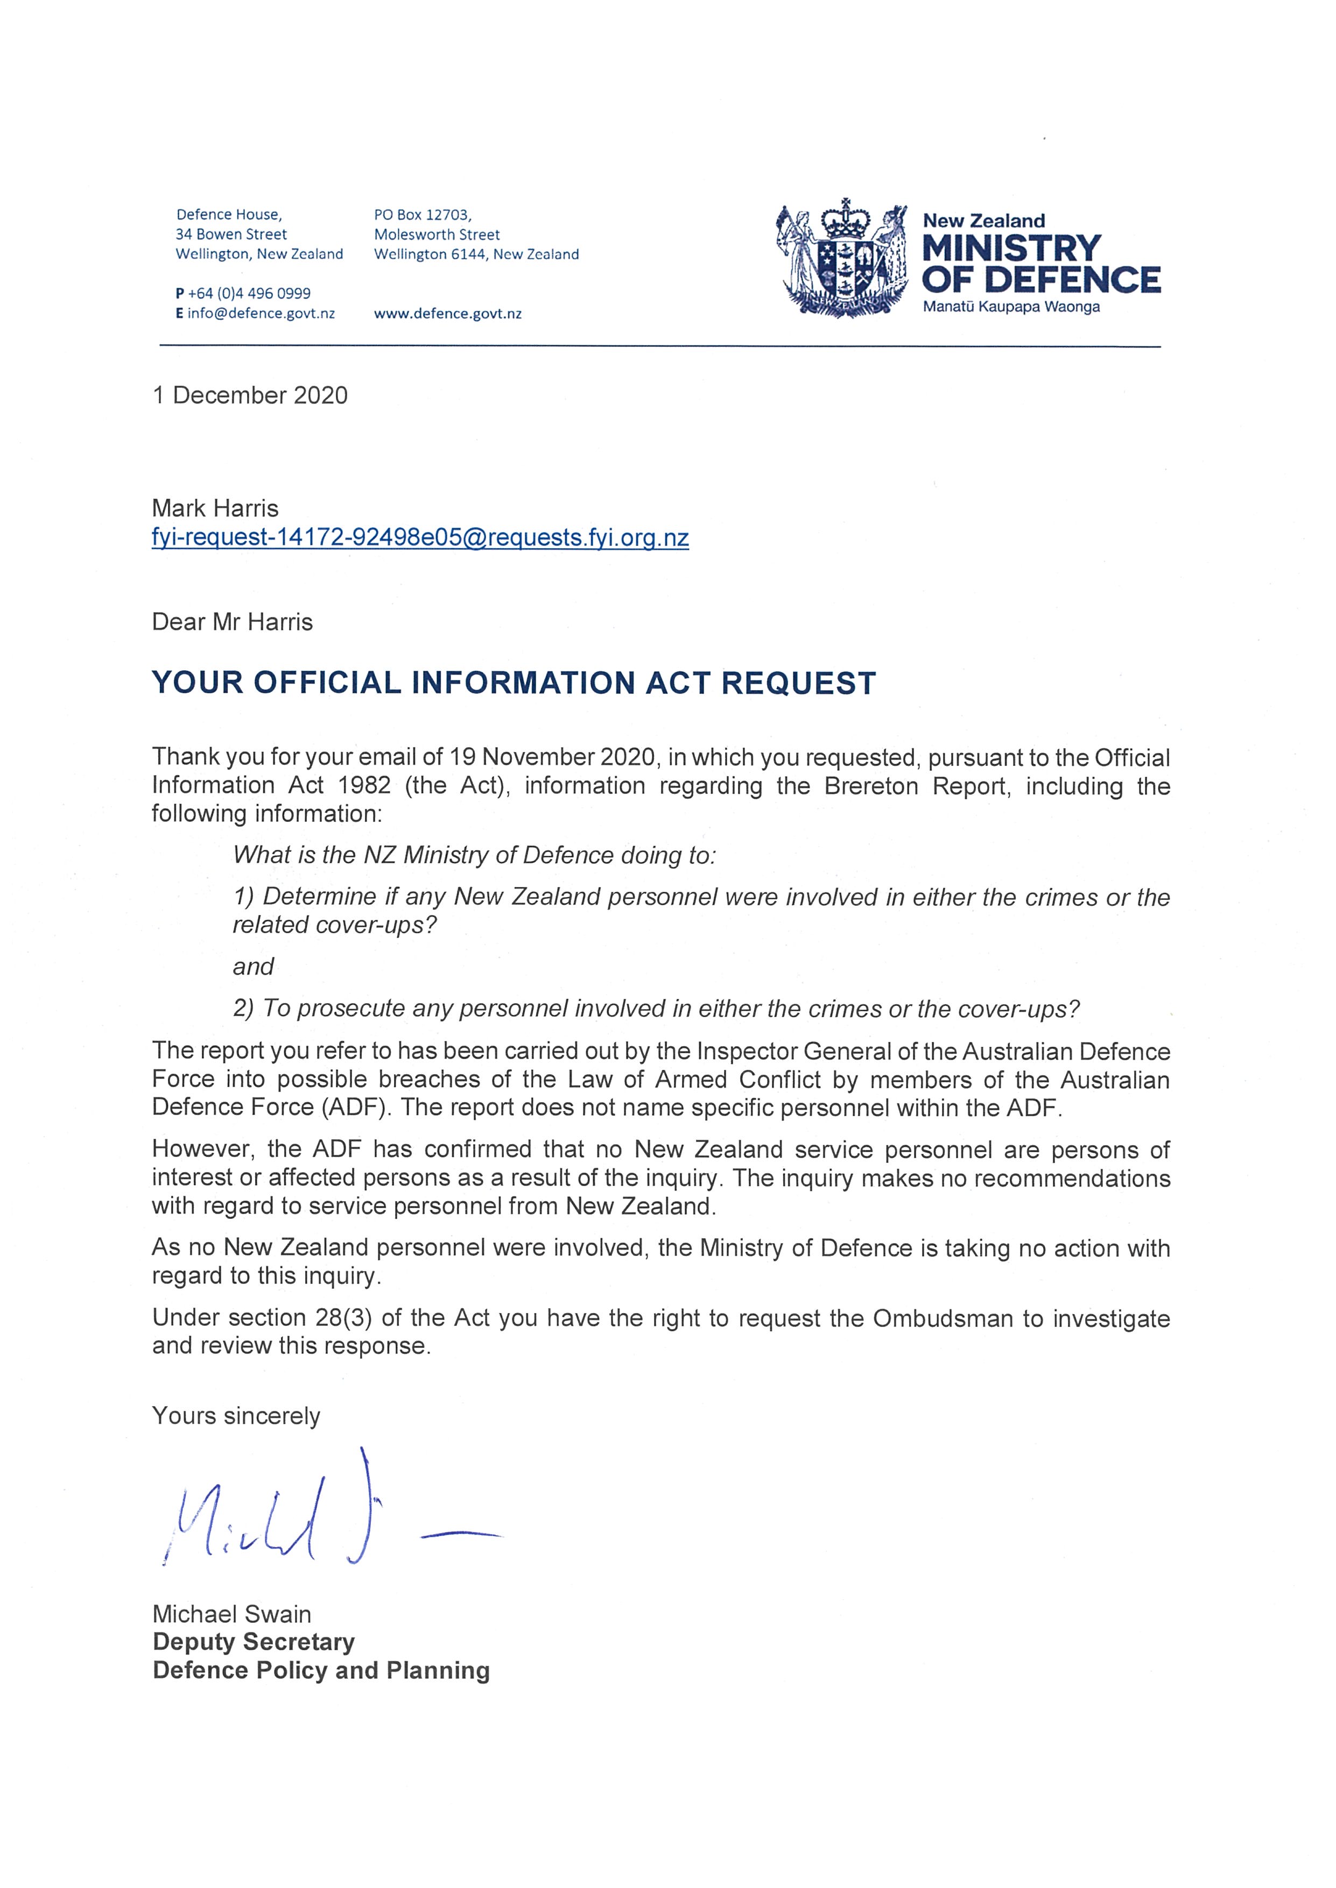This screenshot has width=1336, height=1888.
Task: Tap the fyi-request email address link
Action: point(419,538)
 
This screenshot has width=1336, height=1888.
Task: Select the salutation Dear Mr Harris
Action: point(232,622)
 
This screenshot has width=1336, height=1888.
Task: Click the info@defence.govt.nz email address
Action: point(261,313)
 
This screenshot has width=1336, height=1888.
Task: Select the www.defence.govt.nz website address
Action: point(447,313)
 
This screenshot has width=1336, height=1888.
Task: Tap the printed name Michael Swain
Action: point(231,1614)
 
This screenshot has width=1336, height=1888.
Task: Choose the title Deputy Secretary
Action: point(254,1642)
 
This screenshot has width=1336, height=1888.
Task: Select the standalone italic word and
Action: point(252,967)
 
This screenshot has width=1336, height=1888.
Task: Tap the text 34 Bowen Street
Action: point(231,235)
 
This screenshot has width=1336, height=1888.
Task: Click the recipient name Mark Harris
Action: point(215,508)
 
